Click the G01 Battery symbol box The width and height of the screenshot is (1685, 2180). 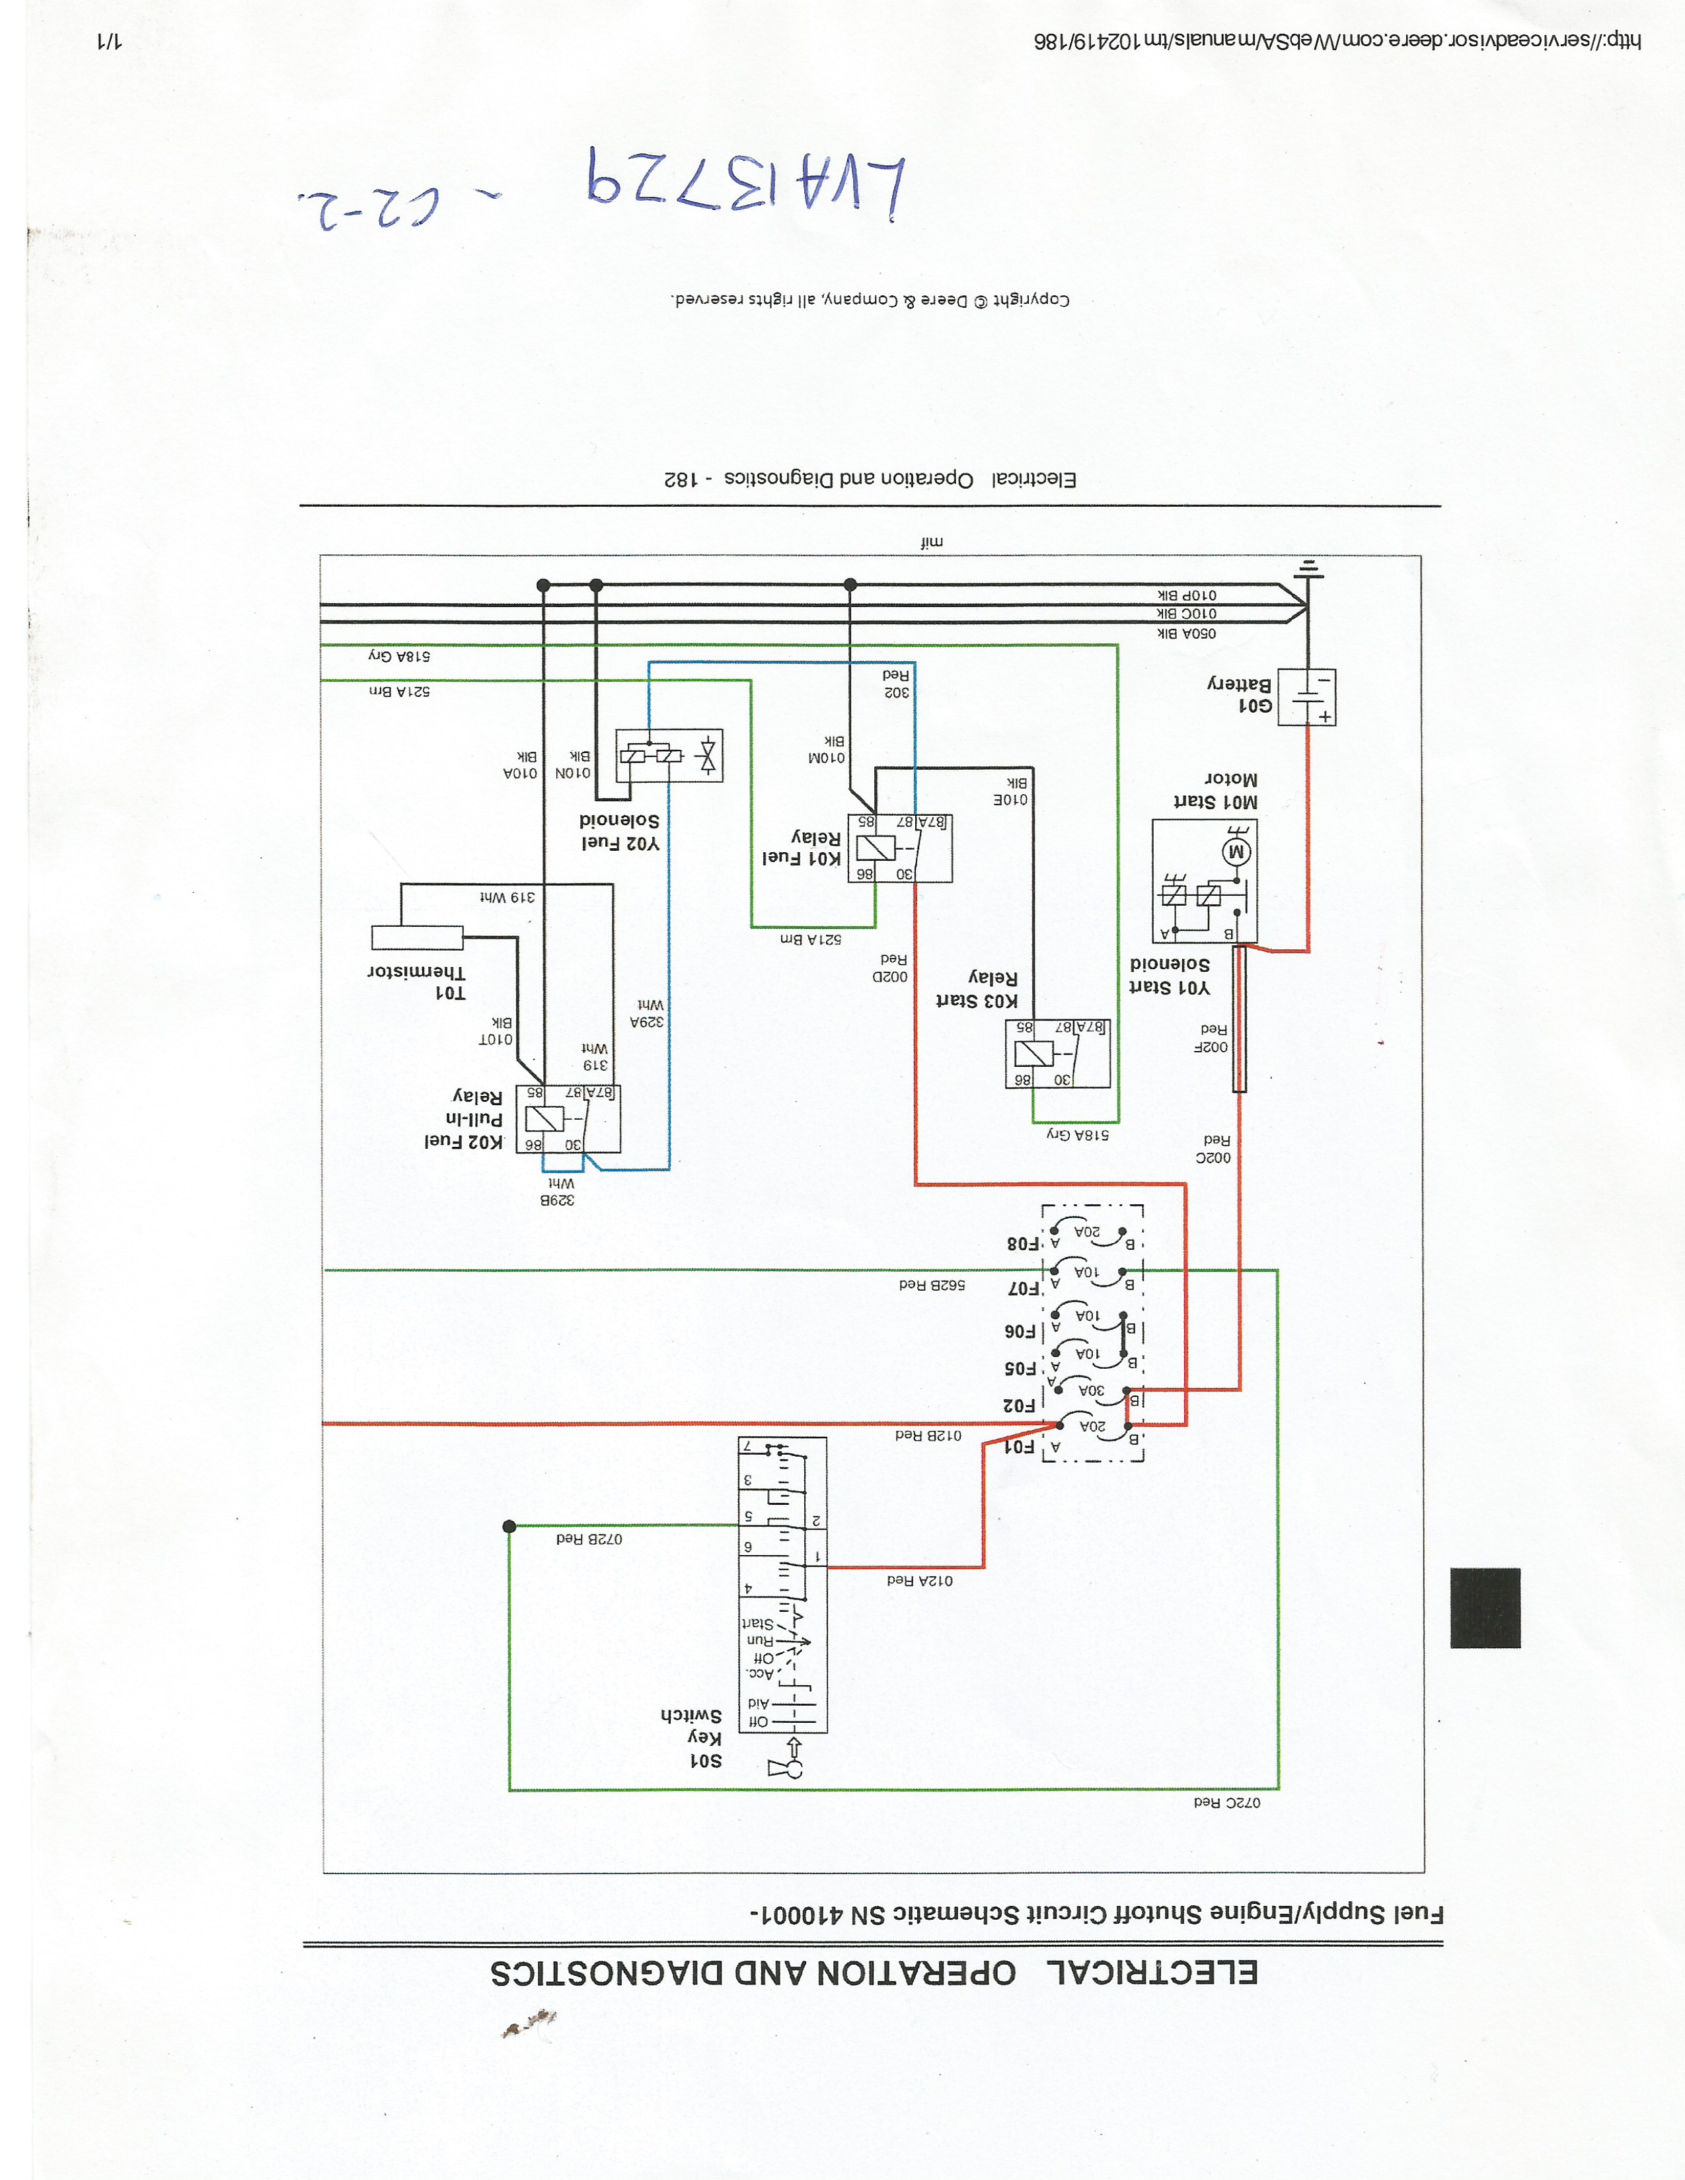(1306, 697)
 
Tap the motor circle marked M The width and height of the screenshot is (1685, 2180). (1237, 852)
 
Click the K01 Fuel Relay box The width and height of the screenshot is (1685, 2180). (899, 848)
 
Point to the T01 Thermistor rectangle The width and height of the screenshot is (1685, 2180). (417, 937)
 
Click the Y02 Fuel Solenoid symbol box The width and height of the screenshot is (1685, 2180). (669, 756)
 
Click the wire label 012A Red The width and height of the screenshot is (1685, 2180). (919, 1580)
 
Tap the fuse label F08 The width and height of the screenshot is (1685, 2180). (1023, 1244)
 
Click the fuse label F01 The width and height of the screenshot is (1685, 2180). (1019, 1446)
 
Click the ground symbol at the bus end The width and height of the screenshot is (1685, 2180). (1308, 570)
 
